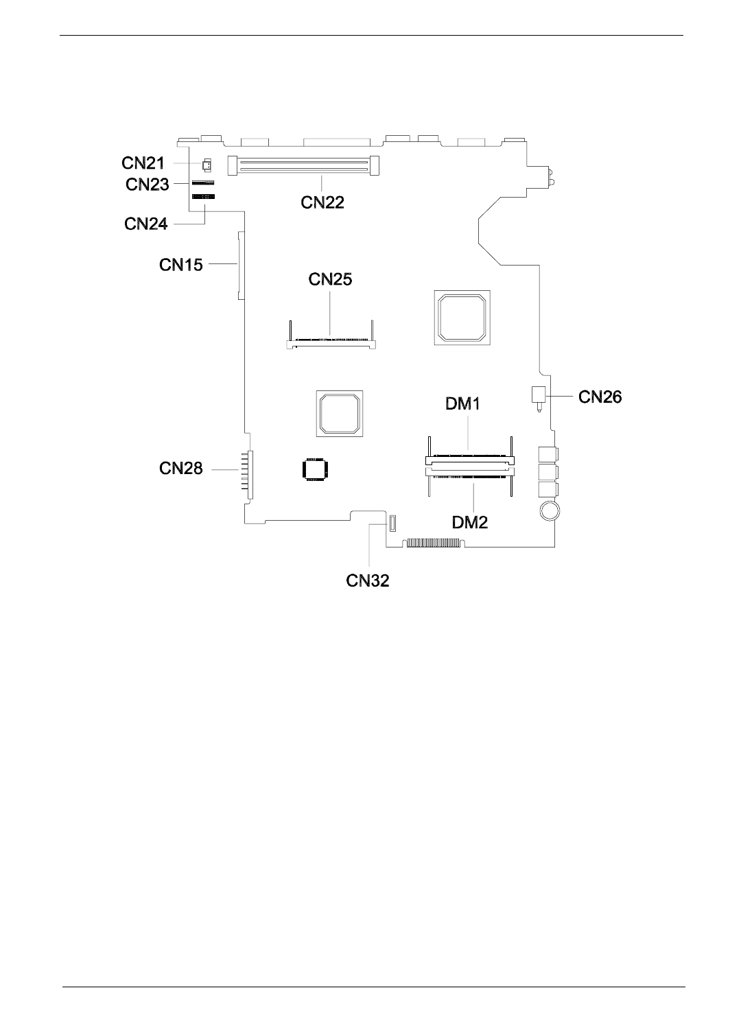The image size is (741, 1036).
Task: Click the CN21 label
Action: point(143,163)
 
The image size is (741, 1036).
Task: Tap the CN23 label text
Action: point(147,184)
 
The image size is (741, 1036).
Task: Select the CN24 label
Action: point(146,224)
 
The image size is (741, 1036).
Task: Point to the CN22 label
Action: point(322,202)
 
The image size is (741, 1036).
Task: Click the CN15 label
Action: point(181,264)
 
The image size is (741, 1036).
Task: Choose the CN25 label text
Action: point(330,279)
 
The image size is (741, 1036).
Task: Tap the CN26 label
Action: point(600,397)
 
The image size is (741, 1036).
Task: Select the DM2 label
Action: point(471,522)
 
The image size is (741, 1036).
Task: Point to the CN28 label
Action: point(181,468)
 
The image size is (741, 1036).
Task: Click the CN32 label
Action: point(368,580)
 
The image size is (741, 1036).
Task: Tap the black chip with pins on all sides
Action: point(315,470)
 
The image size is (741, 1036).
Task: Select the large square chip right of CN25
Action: point(461,317)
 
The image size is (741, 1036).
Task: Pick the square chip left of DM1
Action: point(340,413)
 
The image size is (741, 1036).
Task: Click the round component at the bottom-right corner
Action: point(549,511)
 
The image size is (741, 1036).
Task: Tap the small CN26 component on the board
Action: point(538,395)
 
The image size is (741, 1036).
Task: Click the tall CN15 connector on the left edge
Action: point(239,265)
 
